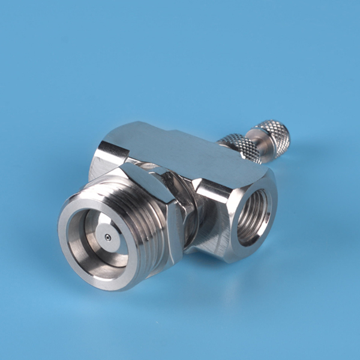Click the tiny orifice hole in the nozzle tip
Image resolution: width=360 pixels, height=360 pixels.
coord(107,238)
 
